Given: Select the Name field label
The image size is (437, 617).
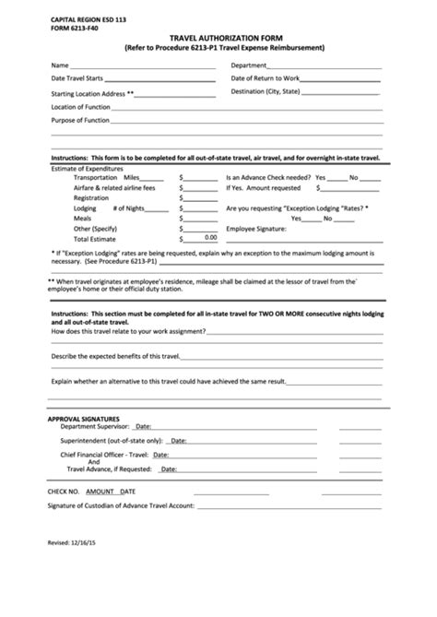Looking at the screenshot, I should tap(59, 66).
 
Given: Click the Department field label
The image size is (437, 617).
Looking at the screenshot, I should tap(249, 66).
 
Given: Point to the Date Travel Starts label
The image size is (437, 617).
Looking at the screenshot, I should tap(83, 79).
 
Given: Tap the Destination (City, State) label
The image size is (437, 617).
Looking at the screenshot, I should tap(266, 92).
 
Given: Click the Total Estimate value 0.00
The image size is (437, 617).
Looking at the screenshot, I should tap(211, 237).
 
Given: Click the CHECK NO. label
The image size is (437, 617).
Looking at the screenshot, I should tap(64, 492).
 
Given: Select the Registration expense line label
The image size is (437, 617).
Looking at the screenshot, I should tap(91, 197).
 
